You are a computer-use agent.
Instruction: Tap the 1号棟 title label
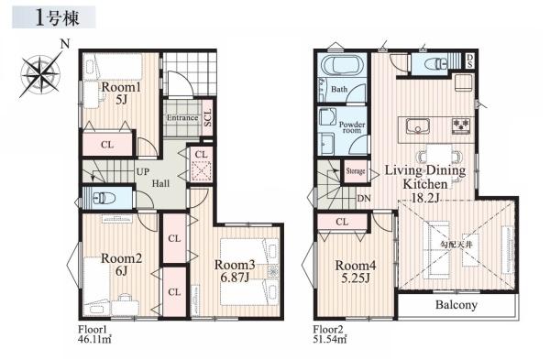pos(58,18)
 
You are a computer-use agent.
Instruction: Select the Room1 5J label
pos(121,93)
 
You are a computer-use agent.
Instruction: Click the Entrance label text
pos(182,118)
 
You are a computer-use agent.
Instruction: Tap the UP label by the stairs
pos(143,172)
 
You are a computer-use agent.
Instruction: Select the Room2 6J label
pos(121,265)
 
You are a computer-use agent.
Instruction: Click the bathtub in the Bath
pos(342,65)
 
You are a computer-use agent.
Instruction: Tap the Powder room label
pos(352,127)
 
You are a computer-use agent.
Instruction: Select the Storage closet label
pos(356,171)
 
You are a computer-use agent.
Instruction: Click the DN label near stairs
pos(364,199)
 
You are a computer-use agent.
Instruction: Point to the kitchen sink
pos(418,125)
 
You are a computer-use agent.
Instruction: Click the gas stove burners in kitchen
pos(462,125)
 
